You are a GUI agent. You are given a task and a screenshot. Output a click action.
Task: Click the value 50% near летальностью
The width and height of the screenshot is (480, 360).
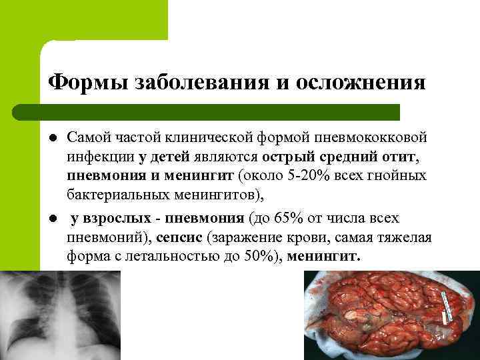coord(245,257)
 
